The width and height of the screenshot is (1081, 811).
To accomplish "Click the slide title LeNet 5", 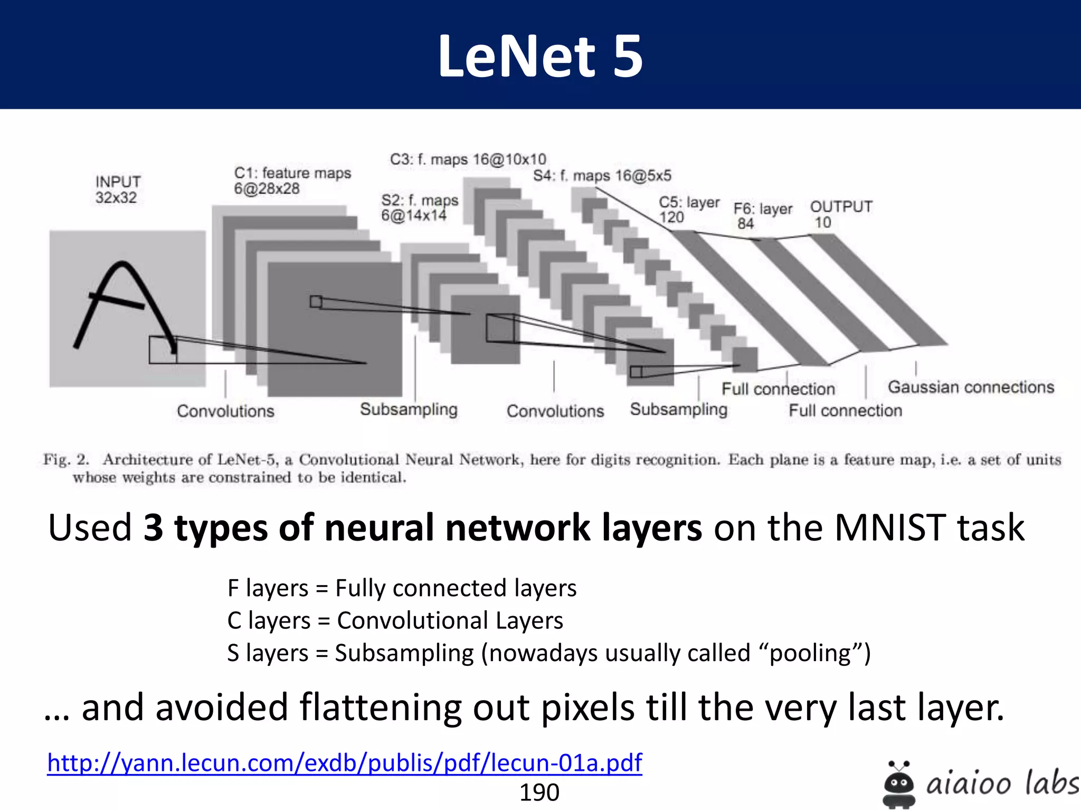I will [540, 56].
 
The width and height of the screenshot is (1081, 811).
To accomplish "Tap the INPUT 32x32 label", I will [117, 190].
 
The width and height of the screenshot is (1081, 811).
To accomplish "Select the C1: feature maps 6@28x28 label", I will [292, 181].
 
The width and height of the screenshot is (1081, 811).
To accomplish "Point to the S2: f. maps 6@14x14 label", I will [419, 208].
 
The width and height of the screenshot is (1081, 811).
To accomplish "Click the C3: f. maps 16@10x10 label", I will [468, 159].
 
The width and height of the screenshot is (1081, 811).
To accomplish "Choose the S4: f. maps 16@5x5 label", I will [602, 175].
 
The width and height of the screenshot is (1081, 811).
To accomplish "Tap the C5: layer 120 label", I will [688, 210].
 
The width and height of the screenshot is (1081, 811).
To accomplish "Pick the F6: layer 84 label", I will [762, 216].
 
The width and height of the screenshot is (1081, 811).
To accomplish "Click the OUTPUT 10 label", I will [841, 214].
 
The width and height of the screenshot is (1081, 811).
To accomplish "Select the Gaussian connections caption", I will [971, 387].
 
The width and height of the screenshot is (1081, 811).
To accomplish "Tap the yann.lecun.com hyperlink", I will [344, 762].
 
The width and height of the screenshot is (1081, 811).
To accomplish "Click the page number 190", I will [539, 793].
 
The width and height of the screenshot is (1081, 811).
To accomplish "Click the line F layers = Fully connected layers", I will [402, 588].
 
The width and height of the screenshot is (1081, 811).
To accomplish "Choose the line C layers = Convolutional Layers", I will [395, 620].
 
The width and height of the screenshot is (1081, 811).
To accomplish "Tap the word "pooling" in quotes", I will [810, 653].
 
